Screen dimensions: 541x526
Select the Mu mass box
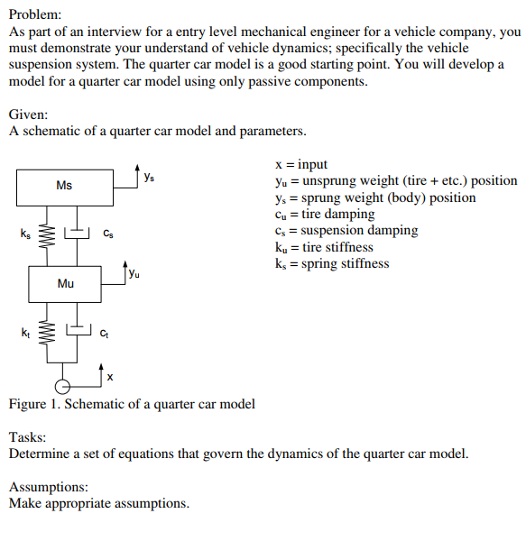65,283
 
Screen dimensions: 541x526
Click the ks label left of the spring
25,234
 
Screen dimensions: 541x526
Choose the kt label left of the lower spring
25,334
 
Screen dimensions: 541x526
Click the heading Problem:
35,15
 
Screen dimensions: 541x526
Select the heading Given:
29,115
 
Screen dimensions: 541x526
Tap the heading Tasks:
28,437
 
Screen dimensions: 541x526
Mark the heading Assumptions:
49,487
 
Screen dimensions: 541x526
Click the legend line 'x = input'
300,164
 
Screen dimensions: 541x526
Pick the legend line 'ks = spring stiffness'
331,263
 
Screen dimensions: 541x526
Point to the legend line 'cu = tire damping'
324,214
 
